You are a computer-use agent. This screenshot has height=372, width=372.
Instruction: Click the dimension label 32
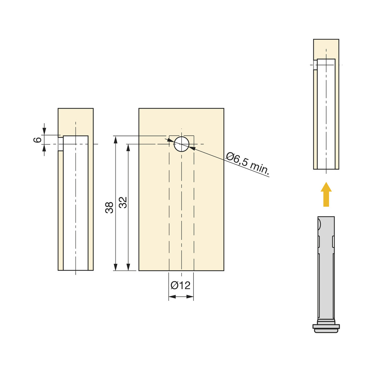pos(123,202)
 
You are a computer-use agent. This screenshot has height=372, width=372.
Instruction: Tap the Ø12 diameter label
pos(181,286)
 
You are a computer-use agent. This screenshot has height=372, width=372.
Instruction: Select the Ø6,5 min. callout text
pos(248,164)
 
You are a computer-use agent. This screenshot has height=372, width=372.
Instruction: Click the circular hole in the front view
pos(181,144)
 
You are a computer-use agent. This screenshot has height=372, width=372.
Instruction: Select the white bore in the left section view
pos(76,203)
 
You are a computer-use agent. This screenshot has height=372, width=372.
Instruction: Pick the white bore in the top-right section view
pos(326,116)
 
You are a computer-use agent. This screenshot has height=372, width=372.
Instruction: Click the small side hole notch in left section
pos(61,144)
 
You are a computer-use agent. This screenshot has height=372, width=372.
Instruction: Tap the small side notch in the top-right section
pos(315,65)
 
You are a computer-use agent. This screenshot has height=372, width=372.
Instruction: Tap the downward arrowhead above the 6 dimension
pos(44,131)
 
